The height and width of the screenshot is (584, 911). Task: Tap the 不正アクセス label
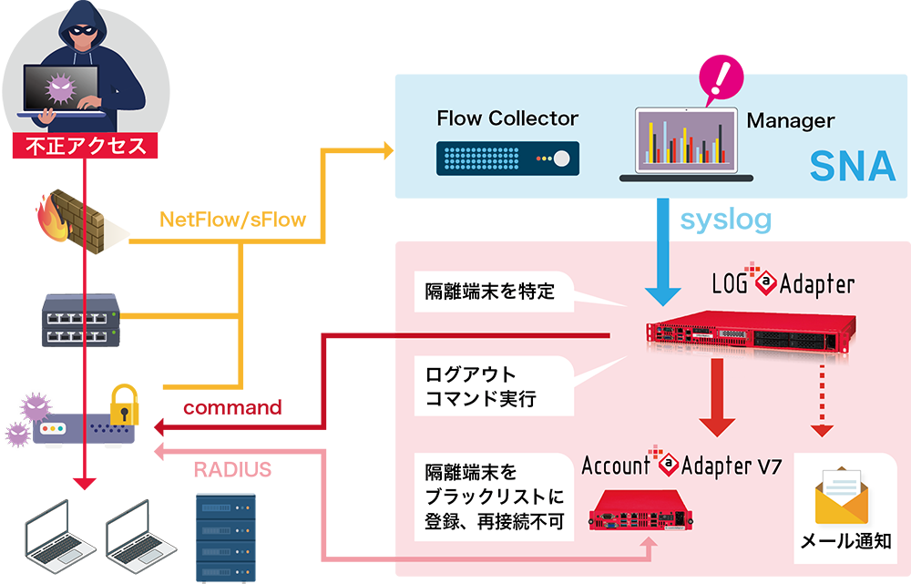[86, 146]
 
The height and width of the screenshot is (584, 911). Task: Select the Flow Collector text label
[507, 118]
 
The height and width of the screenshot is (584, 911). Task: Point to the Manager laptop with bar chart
[686, 144]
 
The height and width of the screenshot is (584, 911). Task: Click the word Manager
[790, 120]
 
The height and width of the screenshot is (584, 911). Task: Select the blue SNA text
[853, 167]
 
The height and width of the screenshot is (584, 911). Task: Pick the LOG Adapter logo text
[783, 284]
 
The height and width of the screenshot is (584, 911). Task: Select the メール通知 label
[844, 543]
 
